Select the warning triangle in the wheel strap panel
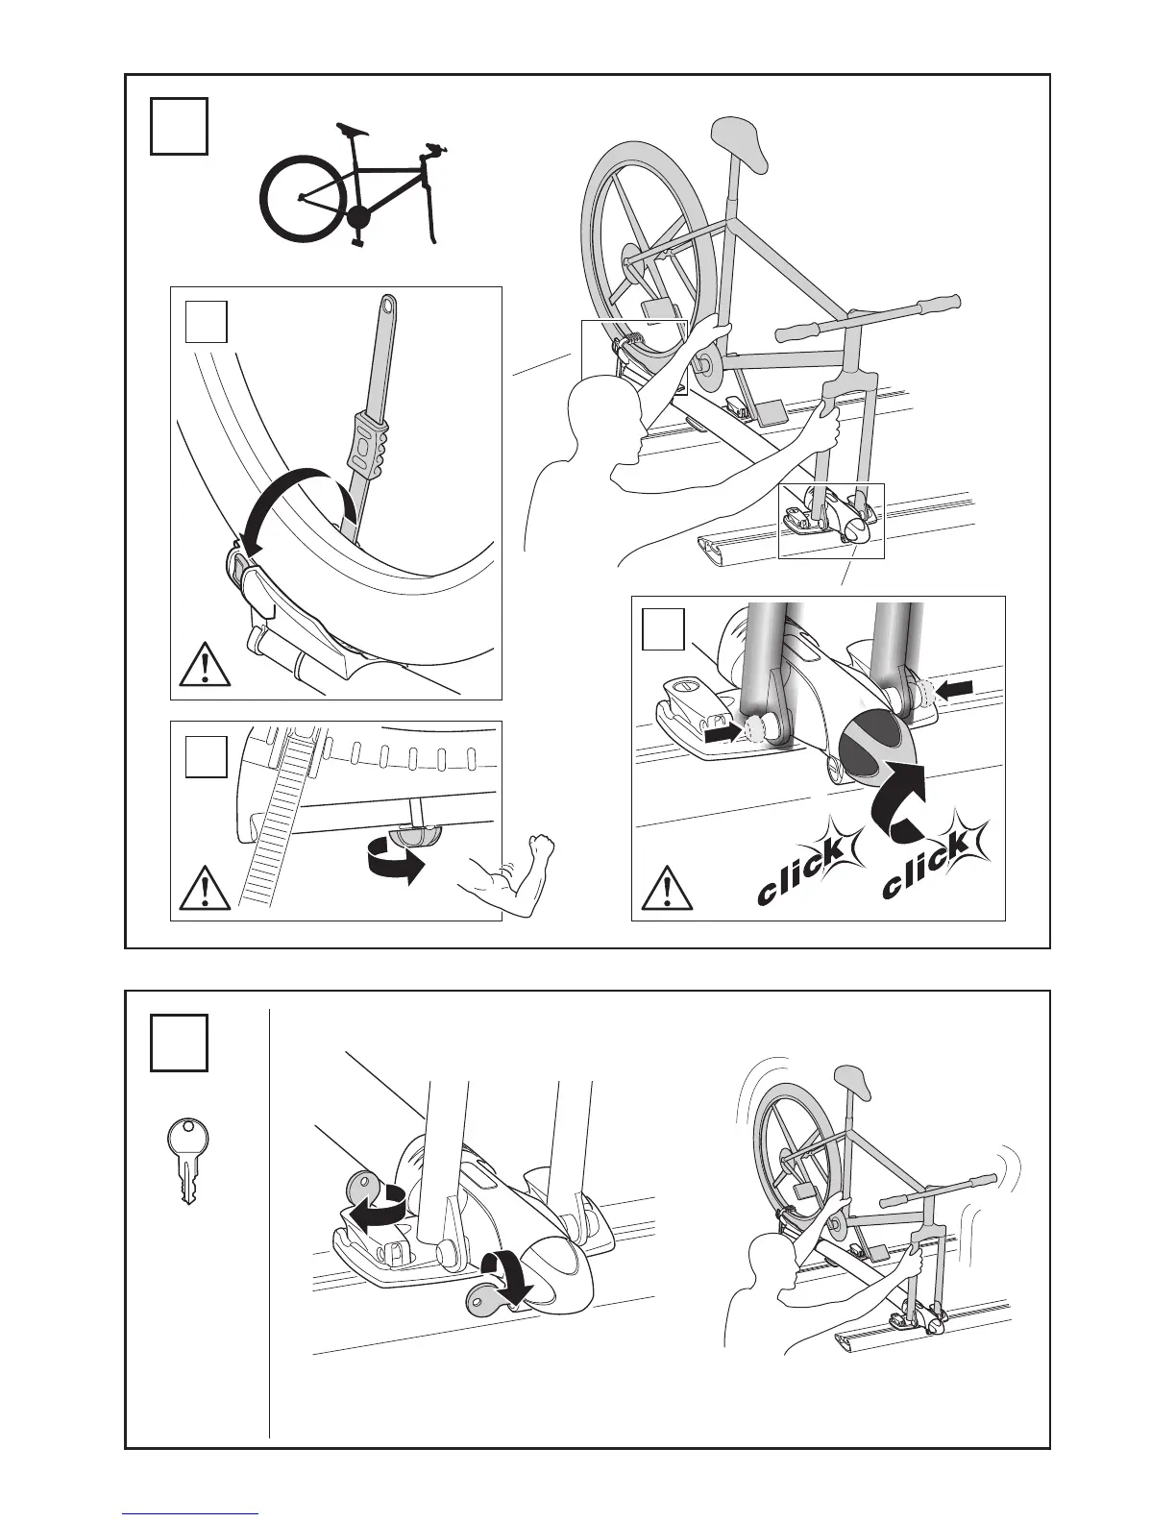point(205,664)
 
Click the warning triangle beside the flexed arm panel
point(205,889)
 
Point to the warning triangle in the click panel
point(667,889)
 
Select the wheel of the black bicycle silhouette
point(300,199)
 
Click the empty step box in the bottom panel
point(179,1043)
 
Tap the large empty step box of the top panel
point(179,125)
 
